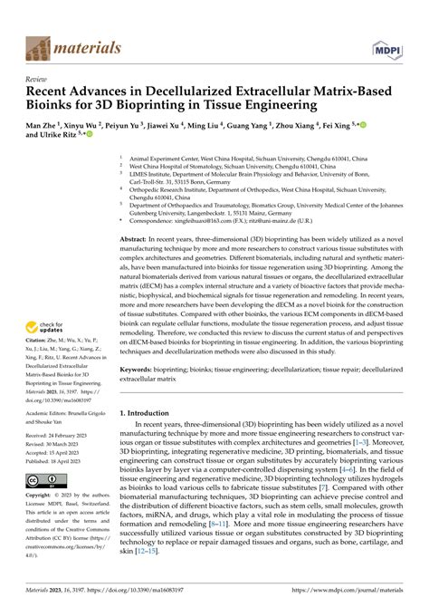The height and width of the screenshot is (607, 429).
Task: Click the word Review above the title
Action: pyautogui.click(x=38, y=79)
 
